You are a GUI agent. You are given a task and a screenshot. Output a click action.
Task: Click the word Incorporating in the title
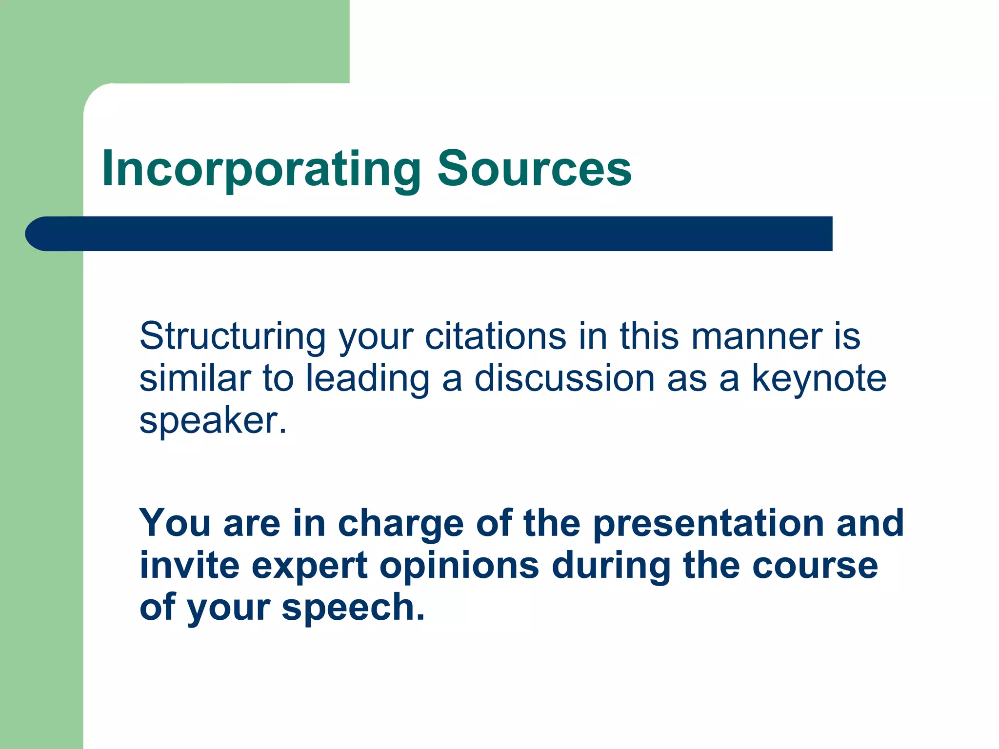coord(261,169)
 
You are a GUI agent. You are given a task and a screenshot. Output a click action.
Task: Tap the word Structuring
coord(232,337)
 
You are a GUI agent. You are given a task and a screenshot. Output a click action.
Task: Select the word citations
coord(496,336)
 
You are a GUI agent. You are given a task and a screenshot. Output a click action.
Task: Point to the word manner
coord(757,336)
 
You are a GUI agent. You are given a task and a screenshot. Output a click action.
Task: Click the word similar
coord(195,378)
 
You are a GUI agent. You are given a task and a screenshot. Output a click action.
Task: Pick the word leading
coord(368,379)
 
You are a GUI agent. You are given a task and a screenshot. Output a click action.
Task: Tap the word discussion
coord(564,378)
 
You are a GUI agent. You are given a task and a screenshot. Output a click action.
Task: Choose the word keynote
coord(819,379)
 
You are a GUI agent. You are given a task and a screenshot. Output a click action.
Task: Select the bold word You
coord(175,523)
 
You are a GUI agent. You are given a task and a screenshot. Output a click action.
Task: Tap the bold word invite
coord(189,566)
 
